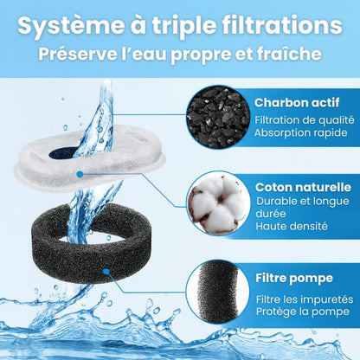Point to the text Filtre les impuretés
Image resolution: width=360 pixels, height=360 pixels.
point(304,298)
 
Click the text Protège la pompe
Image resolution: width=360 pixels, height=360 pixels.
point(302,312)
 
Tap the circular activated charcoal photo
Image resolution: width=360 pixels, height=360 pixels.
point(217,117)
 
